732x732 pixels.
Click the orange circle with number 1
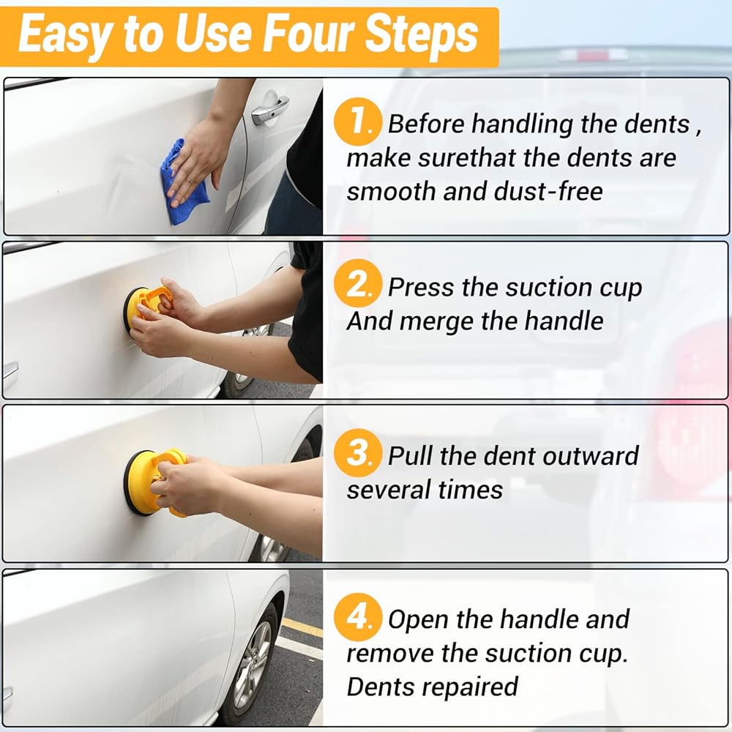[x=358, y=122]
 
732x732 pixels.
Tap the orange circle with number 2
[x=358, y=283]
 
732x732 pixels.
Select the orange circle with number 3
[x=358, y=452]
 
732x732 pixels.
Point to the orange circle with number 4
[x=358, y=616]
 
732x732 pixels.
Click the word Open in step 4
[x=418, y=620]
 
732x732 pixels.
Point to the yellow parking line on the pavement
[x=302, y=627]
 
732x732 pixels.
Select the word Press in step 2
[x=421, y=287]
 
